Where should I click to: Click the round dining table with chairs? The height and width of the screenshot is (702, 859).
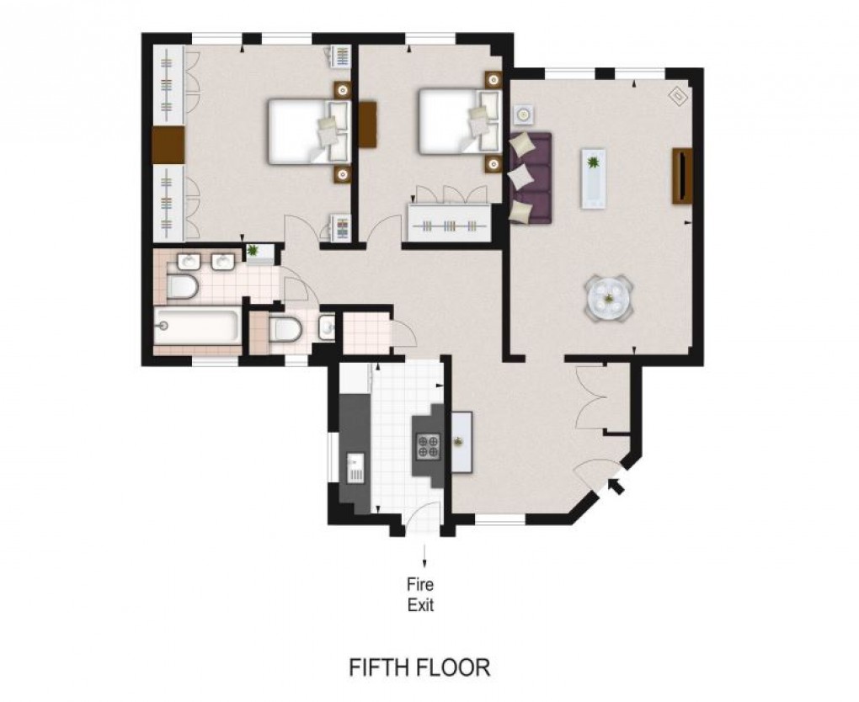pyautogui.click(x=609, y=297)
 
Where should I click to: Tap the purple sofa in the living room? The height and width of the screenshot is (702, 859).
pyautogui.click(x=531, y=178)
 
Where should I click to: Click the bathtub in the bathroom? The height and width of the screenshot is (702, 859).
pyautogui.click(x=197, y=327)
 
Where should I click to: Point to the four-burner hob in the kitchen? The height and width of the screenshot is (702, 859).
pyautogui.click(x=428, y=446)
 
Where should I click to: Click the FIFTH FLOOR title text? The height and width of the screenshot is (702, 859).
pyautogui.click(x=419, y=667)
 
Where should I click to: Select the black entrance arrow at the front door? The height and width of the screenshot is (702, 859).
pyautogui.click(x=618, y=487)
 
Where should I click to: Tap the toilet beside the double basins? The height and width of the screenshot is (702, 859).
pyautogui.click(x=182, y=287)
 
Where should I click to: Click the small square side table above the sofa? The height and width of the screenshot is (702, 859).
pyautogui.click(x=523, y=114)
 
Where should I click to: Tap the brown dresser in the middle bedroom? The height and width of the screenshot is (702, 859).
pyautogui.click(x=368, y=125)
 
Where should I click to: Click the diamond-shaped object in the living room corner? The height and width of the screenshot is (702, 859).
pyautogui.click(x=678, y=97)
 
